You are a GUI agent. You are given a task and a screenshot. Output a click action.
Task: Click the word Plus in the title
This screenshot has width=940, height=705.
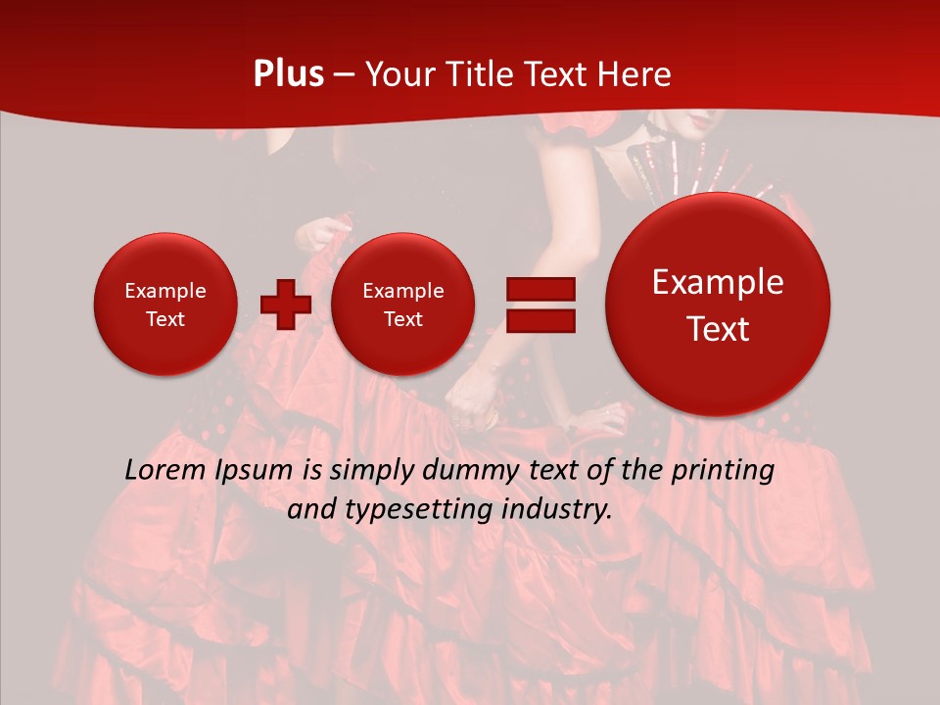pyautogui.click(x=288, y=74)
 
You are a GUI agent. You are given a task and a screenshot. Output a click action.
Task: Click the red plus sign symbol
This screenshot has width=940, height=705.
pyautogui.click(x=286, y=305)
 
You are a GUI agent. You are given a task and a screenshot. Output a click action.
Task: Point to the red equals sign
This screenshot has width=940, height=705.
pyautogui.click(x=540, y=305)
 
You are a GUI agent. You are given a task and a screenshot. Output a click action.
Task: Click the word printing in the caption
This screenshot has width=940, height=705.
pyautogui.click(x=725, y=470)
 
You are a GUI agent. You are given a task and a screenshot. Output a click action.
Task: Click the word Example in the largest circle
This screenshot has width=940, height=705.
pyautogui.click(x=718, y=282)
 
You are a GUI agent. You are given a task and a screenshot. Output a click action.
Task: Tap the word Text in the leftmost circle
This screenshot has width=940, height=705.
pyautogui.click(x=164, y=318)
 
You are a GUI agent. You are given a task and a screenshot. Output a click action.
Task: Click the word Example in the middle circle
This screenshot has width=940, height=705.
pyautogui.click(x=402, y=291)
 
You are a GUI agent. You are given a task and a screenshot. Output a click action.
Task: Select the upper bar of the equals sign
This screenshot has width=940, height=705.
pyautogui.click(x=540, y=289)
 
